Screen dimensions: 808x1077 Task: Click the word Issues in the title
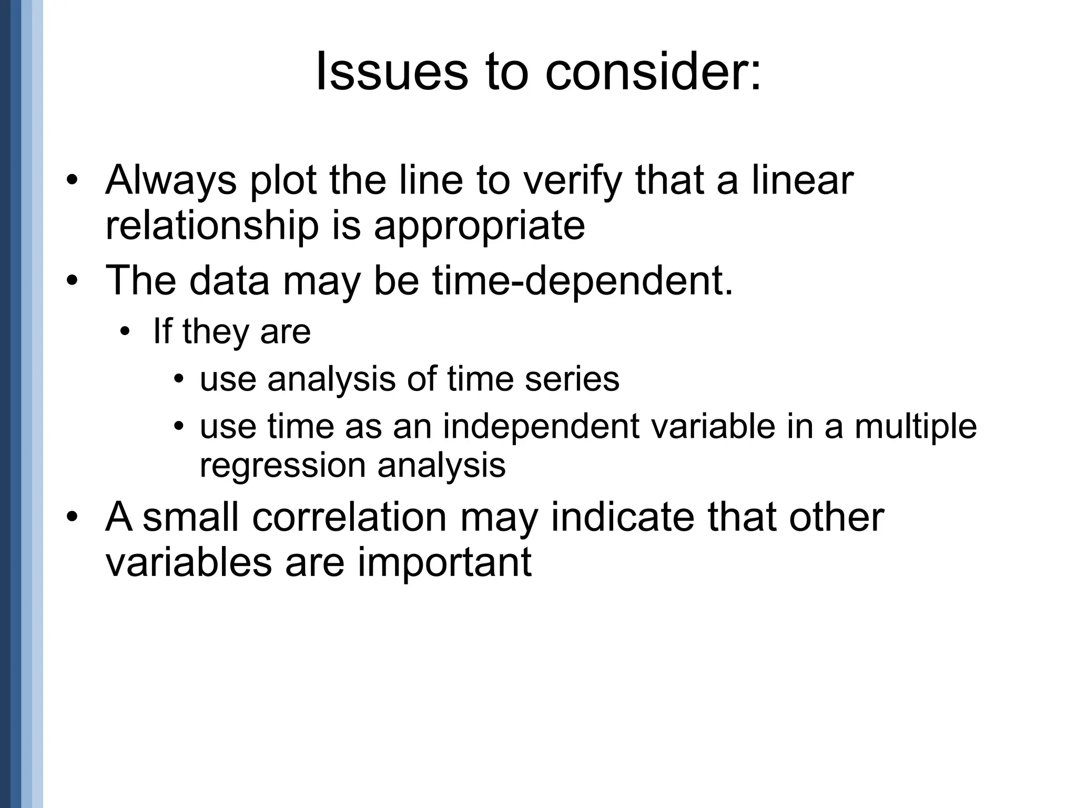391,72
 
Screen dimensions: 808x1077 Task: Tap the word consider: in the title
653,72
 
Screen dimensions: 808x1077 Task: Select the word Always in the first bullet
171,181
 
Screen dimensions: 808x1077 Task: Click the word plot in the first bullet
283,181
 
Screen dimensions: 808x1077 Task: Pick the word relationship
212,226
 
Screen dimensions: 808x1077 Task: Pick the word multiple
916,427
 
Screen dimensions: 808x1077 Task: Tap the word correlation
349,518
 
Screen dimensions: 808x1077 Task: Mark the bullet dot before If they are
125,332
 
